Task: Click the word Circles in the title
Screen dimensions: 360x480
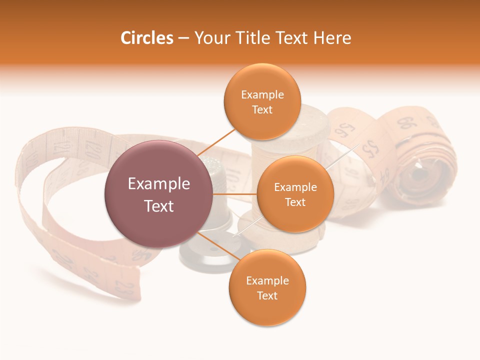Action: click(146, 38)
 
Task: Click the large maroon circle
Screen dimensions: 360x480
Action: click(158, 194)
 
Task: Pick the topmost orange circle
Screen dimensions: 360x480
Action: click(262, 101)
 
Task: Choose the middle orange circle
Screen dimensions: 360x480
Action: click(295, 194)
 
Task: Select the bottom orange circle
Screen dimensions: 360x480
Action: click(267, 287)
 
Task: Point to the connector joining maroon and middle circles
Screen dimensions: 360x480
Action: click(234, 194)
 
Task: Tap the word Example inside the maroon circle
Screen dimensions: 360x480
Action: click(158, 184)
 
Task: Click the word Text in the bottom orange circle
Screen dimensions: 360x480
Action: click(267, 295)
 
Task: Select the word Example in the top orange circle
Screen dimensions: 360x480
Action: click(262, 94)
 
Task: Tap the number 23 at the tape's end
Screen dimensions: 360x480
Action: click(123, 286)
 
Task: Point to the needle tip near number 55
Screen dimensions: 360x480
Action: click(358, 146)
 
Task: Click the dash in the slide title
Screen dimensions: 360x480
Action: click(183, 38)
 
